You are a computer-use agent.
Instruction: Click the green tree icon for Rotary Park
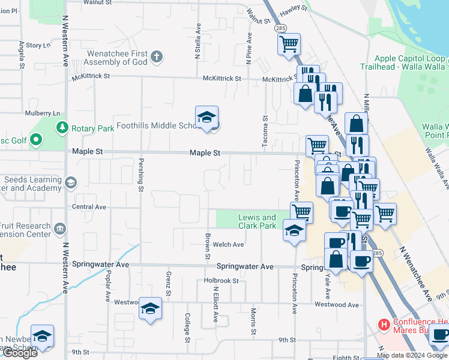(61, 128)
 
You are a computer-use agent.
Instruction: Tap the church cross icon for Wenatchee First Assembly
(157, 57)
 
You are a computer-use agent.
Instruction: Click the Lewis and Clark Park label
(257, 221)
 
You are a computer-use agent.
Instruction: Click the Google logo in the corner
(19, 353)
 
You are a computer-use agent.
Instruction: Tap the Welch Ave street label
(229, 244)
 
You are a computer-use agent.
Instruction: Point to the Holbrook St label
(221, 280)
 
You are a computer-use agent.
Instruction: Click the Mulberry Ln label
(43, 113)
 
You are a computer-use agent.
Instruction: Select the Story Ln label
(38, 45)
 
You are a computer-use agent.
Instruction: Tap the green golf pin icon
(36, 140)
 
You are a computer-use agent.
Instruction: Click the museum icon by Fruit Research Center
(59, 228)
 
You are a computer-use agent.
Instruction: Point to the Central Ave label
(89, 207)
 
